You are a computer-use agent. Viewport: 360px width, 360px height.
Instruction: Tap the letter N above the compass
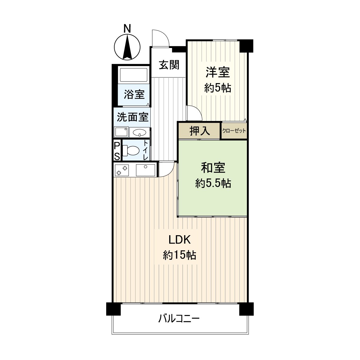tap(127, 29)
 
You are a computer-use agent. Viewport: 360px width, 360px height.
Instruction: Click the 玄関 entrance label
tap(169, 65)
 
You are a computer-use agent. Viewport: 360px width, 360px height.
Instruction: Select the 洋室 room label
tap(217, 73)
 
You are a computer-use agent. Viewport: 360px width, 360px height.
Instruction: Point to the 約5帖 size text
tap(217, 88)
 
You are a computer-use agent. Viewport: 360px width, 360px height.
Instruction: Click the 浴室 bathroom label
tap(134, 94)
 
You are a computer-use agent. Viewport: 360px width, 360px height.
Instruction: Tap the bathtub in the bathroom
tap(133, 75)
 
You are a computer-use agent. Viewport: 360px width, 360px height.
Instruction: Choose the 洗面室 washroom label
tap(133, 117)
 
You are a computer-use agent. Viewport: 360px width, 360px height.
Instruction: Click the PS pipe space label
tap(117, 151)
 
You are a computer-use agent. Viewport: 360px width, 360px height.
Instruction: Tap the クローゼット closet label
tap(234, 131)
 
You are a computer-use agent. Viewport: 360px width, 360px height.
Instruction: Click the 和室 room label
tap(213, 168)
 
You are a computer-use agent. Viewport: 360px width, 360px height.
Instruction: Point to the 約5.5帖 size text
tap(213, 183)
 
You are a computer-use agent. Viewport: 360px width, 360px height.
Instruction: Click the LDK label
tap(179, 240)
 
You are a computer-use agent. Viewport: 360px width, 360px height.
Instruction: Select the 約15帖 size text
tap(179, 255)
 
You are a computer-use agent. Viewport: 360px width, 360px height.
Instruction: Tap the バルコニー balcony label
tap(179, 318)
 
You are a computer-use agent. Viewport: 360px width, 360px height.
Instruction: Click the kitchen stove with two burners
tap(121, 170)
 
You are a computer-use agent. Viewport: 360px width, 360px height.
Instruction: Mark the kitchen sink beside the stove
tap(146, 170)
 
